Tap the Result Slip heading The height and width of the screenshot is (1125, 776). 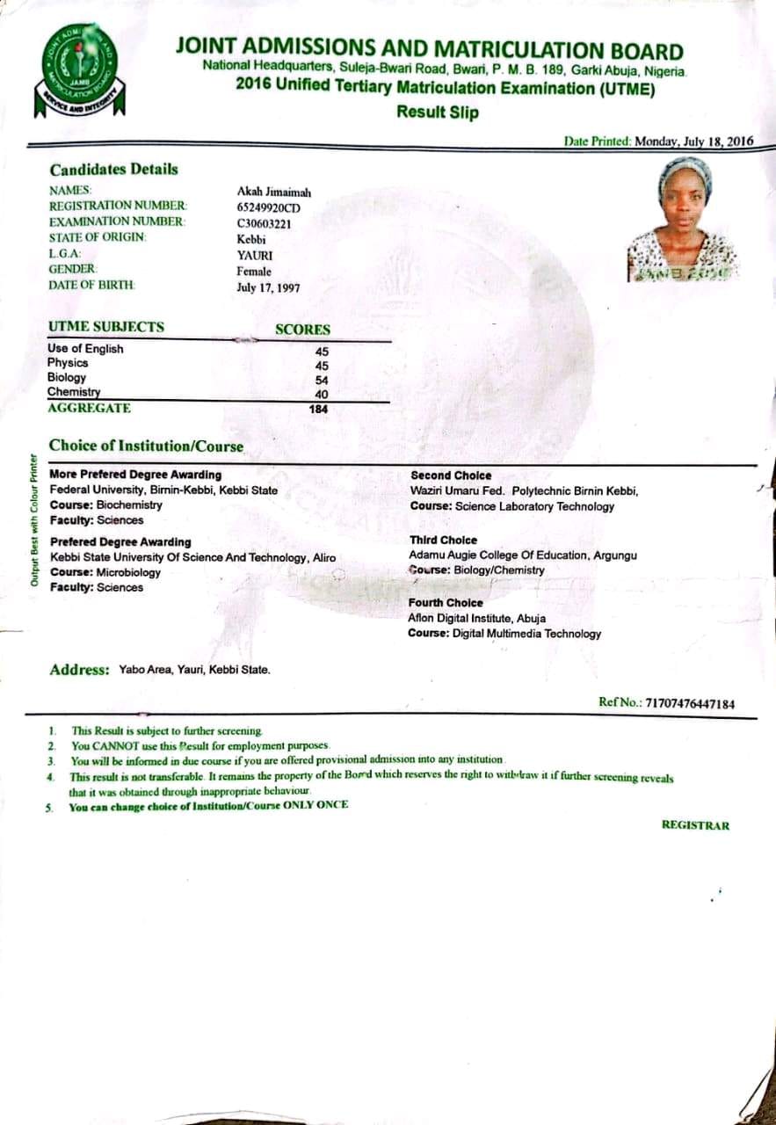pyautogui.click(x=437, y=112)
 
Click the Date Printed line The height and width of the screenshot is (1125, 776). pyautogui.click(x=657, y=142)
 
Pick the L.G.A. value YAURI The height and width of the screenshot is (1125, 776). pyautogui.click(x=255, y=256)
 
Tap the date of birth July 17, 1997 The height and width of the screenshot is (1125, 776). pyautogui.click(x=269, y=288)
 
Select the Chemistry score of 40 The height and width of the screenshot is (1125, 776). pyautogui.click(x=322, y=395)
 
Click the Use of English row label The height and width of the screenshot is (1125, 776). pyautogui.click(x=85, y=349)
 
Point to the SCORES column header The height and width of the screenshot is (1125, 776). pyautogui.click(x=302, y=330)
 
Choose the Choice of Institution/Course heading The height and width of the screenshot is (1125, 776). pyautogui.click(x=146, y=446)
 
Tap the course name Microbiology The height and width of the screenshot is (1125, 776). pyautogui.click(x=128, y=573)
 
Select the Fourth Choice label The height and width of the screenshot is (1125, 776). pyautogui.click(x=446, y=603)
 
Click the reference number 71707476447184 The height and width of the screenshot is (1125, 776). pyautogui.click(x=690, y=703)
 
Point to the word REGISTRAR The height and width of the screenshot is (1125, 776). pyautogui.click(x=695, y=825)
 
